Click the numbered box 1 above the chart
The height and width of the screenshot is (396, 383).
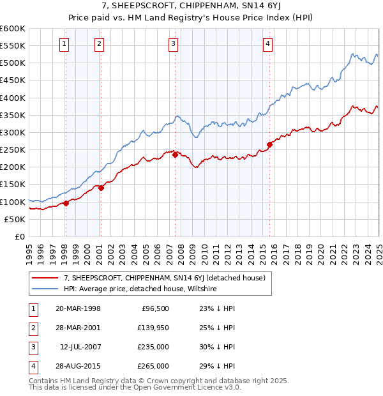[65, 44]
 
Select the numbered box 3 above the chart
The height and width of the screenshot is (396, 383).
[174, 44]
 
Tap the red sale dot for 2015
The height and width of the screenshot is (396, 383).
[269, 144]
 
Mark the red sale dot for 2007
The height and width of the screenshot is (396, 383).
[175, 155]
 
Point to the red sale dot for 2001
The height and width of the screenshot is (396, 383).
[101, 188]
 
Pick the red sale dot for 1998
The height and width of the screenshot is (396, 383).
[66, 203]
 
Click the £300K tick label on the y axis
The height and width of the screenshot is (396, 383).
[12, 132]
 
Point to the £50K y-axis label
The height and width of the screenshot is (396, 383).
[15, 219]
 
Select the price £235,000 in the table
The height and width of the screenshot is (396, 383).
[154, 348]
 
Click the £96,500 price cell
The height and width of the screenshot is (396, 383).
[155, 308]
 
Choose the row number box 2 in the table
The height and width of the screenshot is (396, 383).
[31, 328]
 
